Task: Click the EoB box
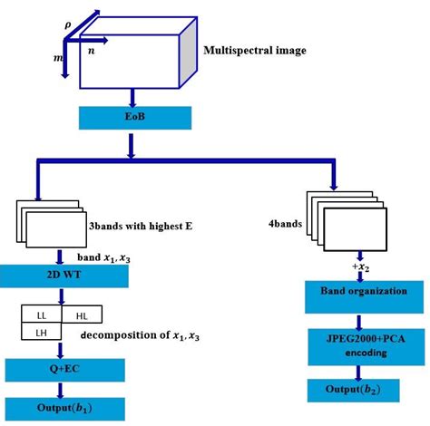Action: [x=133, y=118]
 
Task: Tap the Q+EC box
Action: [x=61, y=370]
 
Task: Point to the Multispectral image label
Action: [x=256, y=50]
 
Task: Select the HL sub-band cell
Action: [x=81, y=315]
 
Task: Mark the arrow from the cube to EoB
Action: [x=133, y=96]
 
